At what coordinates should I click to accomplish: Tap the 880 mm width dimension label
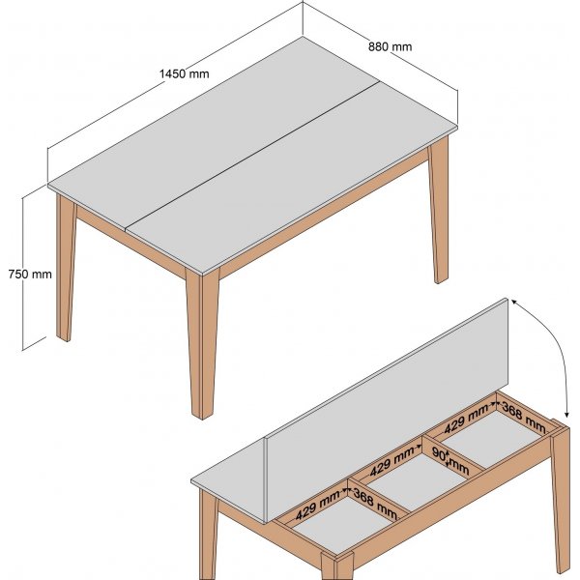pyautogui.click(x=391, y=45)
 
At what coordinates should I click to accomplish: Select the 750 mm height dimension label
pyautogui.click(x=29, y=274)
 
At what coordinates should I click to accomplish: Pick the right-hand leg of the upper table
pyautogui.click(x=439, y=213)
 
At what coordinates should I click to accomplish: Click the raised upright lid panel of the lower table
pyautogui.click(x=387, y=387)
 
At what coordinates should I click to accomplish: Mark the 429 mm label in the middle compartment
pyautogui.click(x=394, y=463)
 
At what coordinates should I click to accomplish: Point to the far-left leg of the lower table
pyautogui.click(x=207, y=536)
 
